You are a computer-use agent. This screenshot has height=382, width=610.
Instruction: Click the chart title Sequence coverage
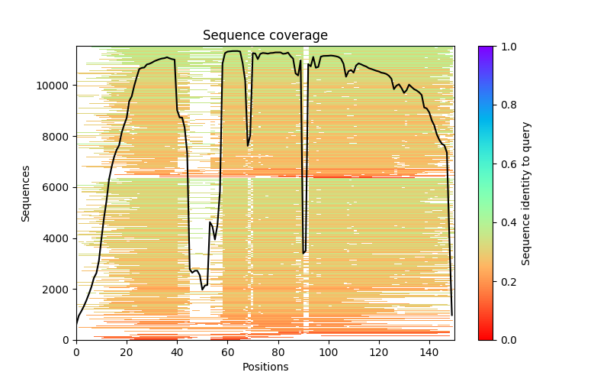click(x=265, y=35)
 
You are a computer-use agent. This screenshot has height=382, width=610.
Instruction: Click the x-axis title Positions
click(x=265, y=367)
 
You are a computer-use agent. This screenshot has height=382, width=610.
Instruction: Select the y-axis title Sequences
click(x=26, y=193)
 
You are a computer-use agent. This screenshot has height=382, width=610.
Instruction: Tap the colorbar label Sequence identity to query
click(x=526, y=193)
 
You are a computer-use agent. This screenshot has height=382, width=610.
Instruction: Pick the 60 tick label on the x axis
click(x=228, y=352)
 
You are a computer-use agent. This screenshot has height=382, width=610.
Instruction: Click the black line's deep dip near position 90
click(x=303, y=252)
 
